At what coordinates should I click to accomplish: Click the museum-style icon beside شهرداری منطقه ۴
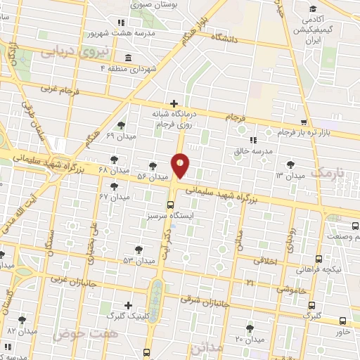(127, 58)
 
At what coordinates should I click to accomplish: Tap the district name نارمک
(329, 173)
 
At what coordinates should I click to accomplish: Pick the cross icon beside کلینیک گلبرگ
(127, 305)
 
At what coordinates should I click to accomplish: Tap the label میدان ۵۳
(138, 260)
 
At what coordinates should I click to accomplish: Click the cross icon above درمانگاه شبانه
(174, 103)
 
